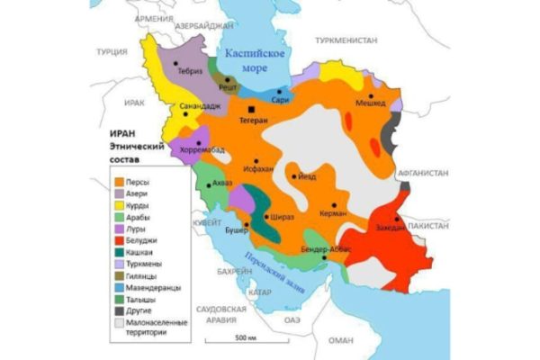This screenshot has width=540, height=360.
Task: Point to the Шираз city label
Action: point(282,217)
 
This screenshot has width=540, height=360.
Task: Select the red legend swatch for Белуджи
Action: point(118,240)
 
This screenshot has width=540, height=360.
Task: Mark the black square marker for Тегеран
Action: point(239,108)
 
